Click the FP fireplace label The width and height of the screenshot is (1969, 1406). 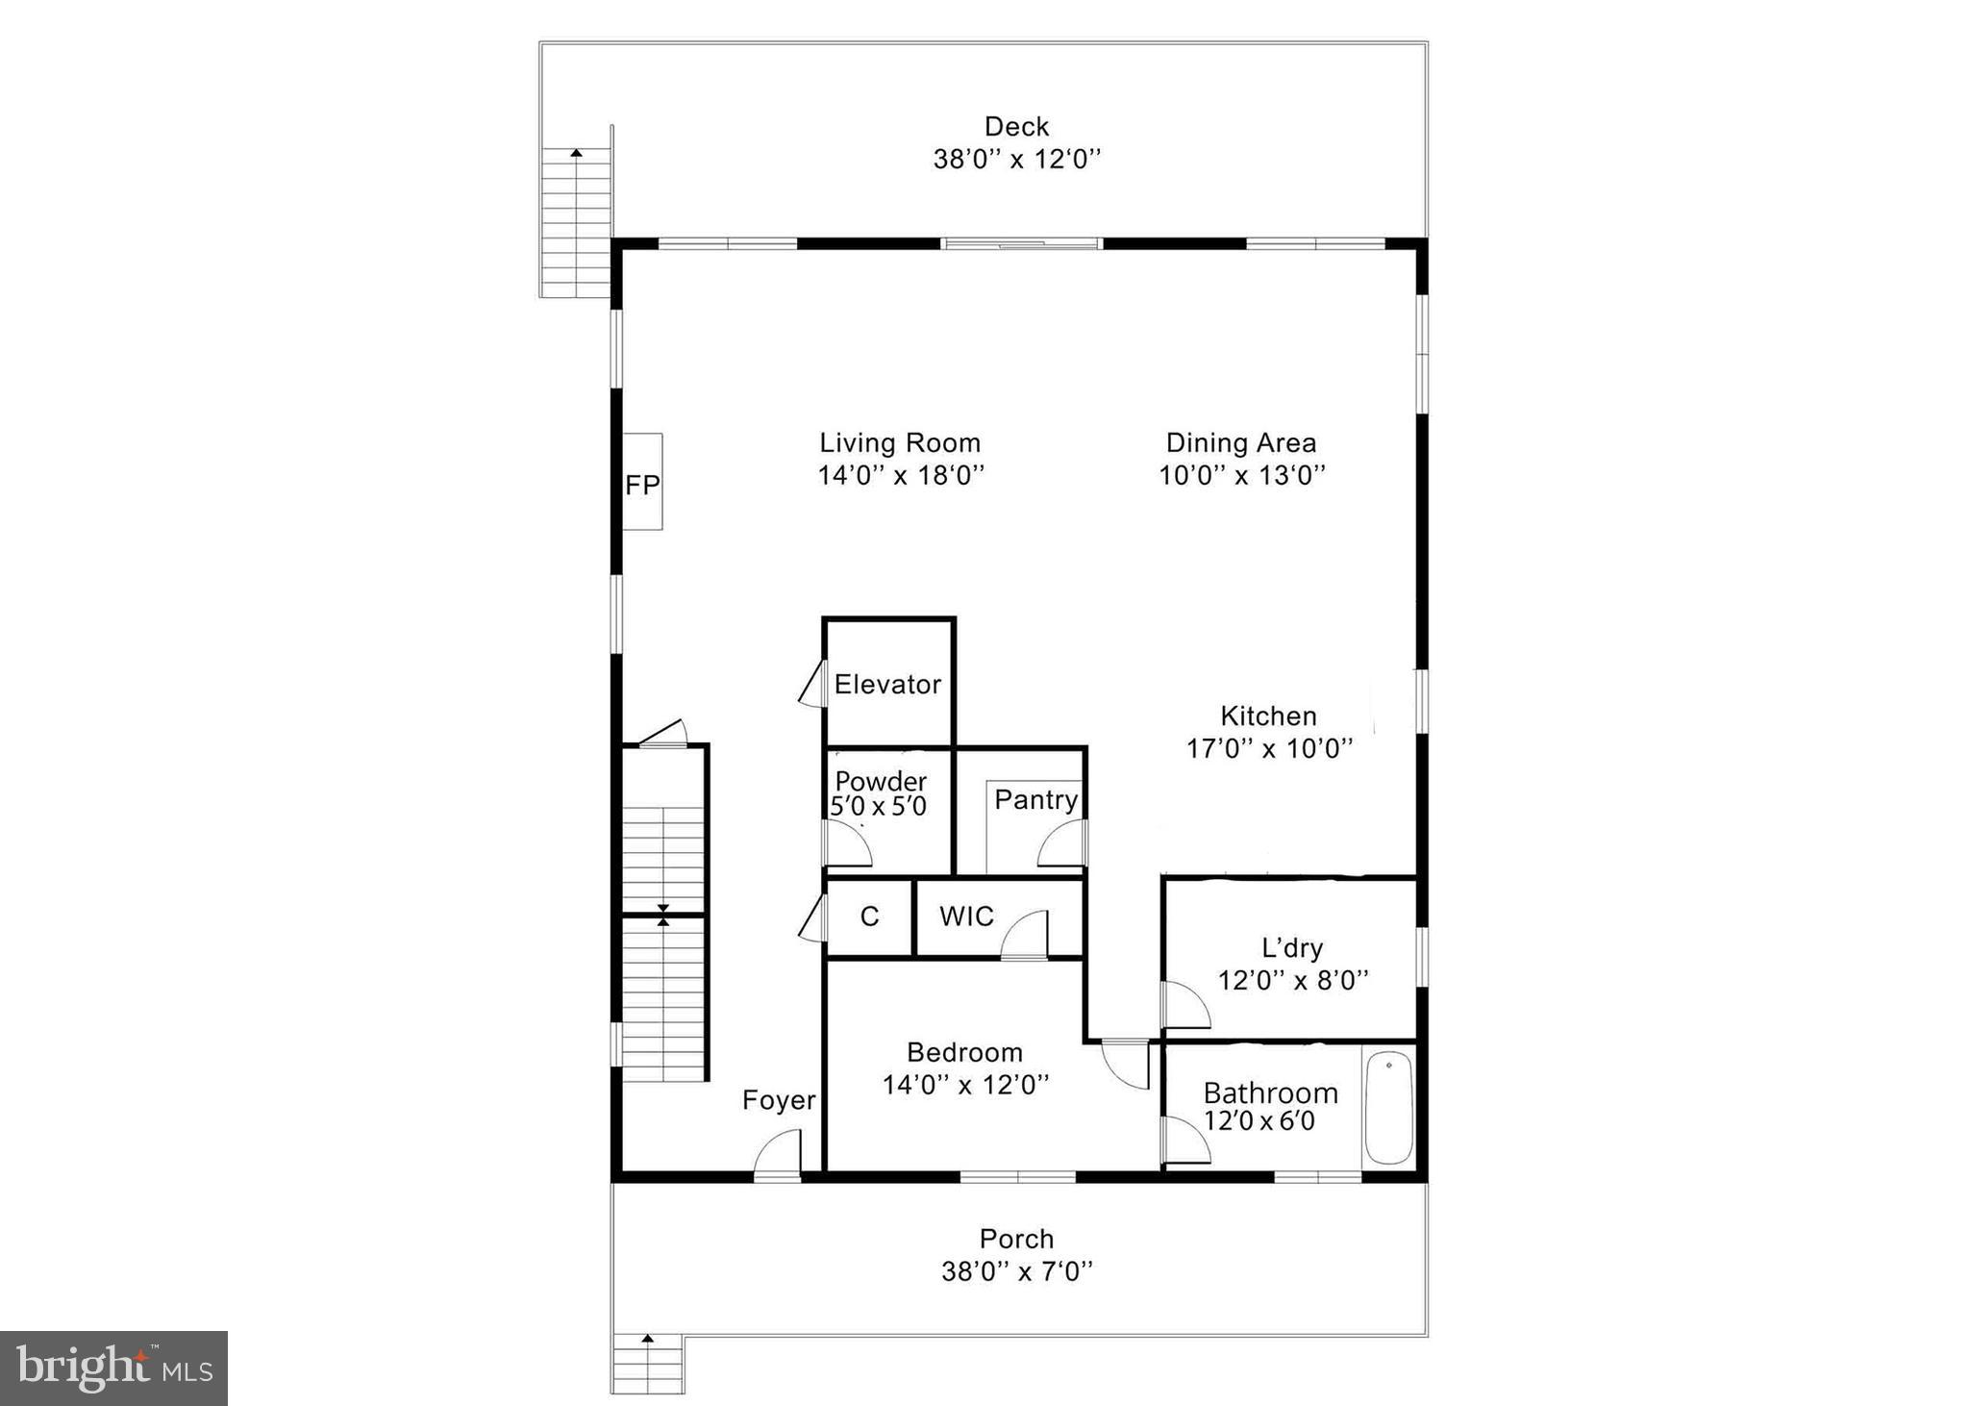[642, 485]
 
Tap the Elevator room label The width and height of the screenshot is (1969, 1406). [887, 685]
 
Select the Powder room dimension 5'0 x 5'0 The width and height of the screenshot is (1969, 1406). [879, 807]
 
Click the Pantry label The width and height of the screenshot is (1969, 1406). [1035, 799]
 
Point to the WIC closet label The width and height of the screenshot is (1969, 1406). [966, 916]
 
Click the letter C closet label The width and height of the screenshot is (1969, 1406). [869, 916]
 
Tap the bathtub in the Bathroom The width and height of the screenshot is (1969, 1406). [1388, 1108]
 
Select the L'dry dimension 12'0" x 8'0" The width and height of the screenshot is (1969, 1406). [1293, 980]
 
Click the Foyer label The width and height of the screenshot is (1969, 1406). [779, 1100]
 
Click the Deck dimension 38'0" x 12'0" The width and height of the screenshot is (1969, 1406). [1016, 159]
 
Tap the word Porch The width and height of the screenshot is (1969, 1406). [1016, 1239]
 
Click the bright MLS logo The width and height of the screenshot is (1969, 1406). [113, 1368]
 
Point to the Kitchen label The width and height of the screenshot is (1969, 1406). [1268, 716]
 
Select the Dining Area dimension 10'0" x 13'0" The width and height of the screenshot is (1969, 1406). [1242, 475]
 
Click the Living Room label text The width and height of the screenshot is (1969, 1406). [900, 443]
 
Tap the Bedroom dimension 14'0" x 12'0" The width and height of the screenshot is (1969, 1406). [965, 1085]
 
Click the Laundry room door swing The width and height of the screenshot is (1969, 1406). [1184, 1005]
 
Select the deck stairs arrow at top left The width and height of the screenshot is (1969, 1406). [576, 154]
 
